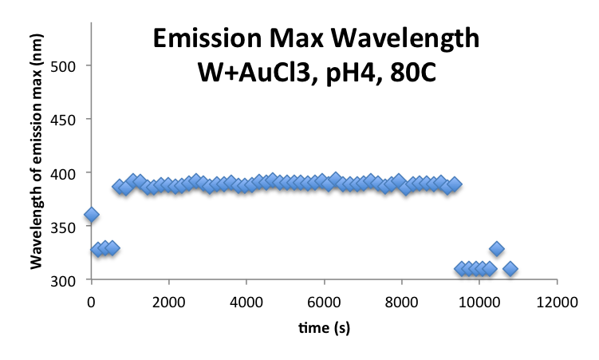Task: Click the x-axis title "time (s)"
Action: tap(324, 328)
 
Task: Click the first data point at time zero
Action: tap(91, 215)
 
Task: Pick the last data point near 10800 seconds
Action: tap(510, 269)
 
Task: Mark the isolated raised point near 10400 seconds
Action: tap(496, 249)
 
